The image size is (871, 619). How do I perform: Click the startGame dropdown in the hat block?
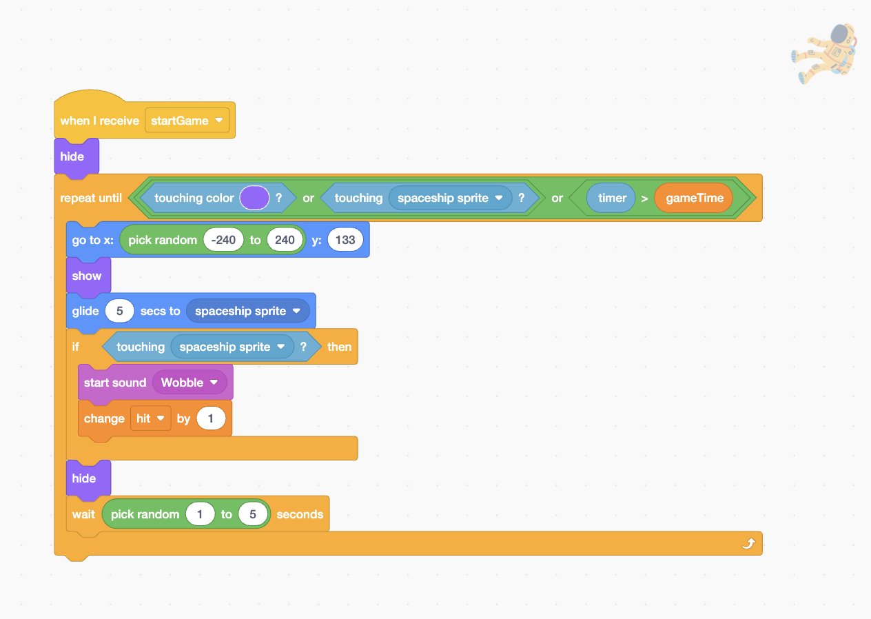(x=187, y=121)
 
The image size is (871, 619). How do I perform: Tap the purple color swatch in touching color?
(x=254, y=198)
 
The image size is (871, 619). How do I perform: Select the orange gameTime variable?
(x=694, y=198)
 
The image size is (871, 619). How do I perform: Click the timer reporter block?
(x=611, y=198)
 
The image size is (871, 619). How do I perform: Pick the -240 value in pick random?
(x=223, y=240)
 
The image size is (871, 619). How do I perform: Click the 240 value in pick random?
(x=285, y=240)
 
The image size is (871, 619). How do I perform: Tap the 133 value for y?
(x=345, y=240)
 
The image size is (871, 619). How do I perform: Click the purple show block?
(x=88, y=276)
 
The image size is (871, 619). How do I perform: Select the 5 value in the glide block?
(x=119, y=311)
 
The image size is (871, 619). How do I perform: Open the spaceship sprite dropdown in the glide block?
(x=247, y=311)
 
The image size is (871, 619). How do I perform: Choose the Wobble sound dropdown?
(x=189, y=383)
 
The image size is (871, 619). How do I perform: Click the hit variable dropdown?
(x=150, y=418)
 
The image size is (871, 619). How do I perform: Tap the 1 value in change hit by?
(x=211, y=418)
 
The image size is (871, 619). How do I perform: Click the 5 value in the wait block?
(x=253, y=514)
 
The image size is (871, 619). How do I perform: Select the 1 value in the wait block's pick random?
(x=200, y=514)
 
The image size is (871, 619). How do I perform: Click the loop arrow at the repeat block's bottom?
(x=748, y=543)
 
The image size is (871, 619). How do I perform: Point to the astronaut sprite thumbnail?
(x=824, y=54)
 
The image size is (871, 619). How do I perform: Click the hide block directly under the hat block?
(x=76, y=156)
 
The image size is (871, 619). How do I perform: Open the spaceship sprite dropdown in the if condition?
(x=232, y=347)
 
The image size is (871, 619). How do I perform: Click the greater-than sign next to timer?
(x=644, y=199)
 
